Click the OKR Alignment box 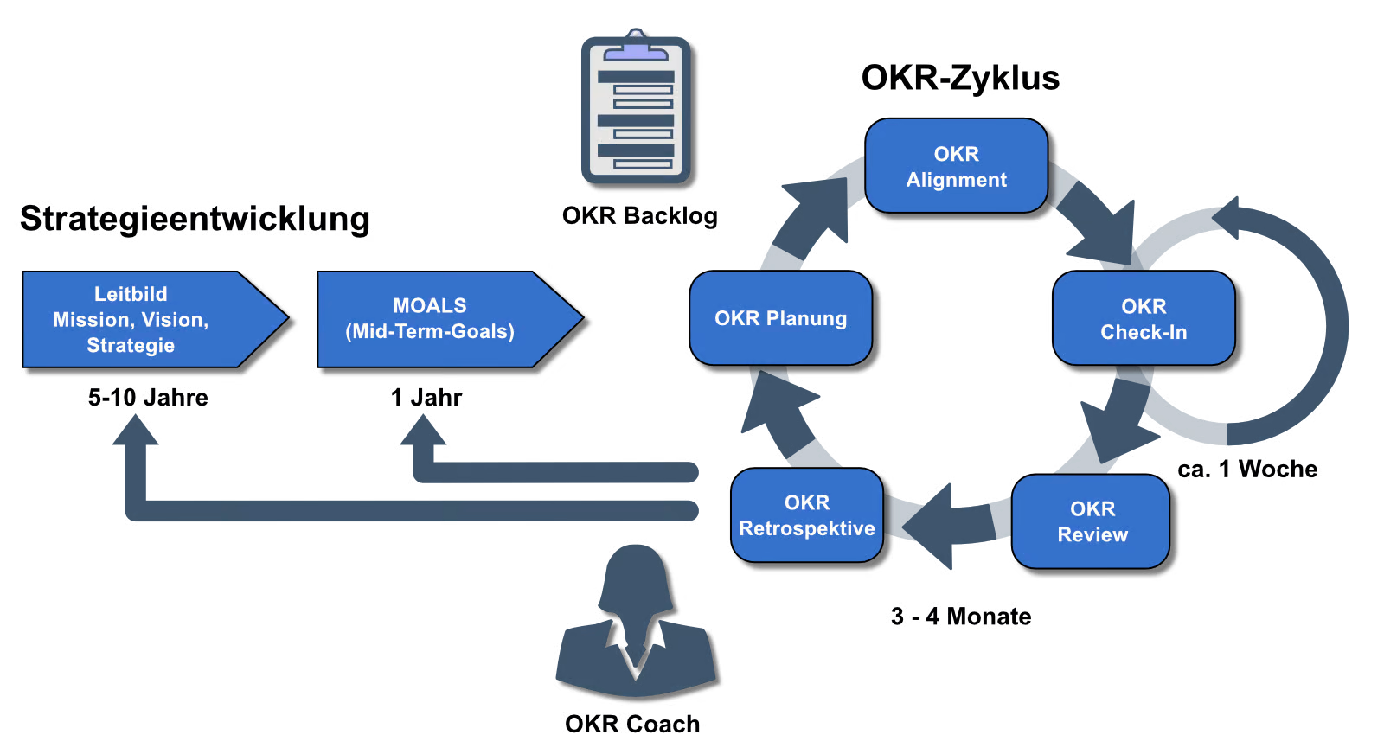pos(956,166)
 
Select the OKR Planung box pos(780,318)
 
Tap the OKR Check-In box pos(1144,318)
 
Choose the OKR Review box pos(1091,521)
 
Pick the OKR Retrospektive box pos(806,515)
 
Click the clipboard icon pos(636,108)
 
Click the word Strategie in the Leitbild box pos(131,346)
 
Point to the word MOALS pos(430,306)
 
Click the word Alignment pos(956,180)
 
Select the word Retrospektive pos(806,528)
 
